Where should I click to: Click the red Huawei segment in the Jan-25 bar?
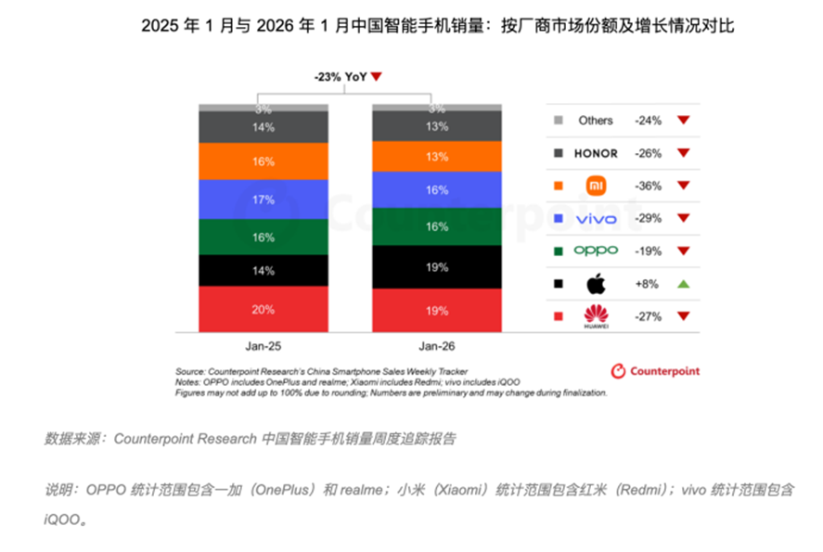pos(264,310)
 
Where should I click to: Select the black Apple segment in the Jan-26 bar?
pos(436,267)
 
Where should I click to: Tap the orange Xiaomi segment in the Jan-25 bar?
pos(264,161)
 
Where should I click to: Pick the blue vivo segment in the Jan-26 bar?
pos(436,189)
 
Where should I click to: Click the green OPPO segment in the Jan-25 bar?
pos(264,237)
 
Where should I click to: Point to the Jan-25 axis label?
pos(263,346)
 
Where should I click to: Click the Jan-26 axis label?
pos(436,346)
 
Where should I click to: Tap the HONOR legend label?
pos(596,153)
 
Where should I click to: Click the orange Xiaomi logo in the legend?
pos(596,186)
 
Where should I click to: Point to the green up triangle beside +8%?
pos(684,283)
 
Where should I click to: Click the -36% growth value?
pos(648,186)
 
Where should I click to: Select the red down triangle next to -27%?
pos(684,316)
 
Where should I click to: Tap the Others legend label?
pos(596,121)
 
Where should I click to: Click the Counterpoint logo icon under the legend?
pos(618,371)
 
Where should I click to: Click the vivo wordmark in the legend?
pos(596,218)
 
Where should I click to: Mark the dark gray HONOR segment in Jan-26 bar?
pos(436,126)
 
